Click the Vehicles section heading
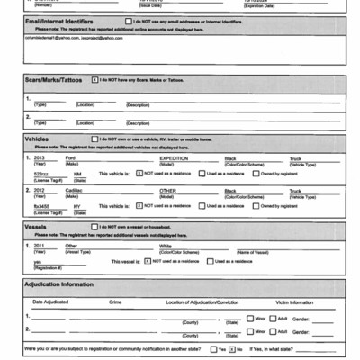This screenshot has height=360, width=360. (x=38, y=139)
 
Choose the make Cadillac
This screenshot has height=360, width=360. (x=75, y=190)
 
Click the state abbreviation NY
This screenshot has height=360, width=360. (x=73, y=205)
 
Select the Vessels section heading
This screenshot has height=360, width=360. (x=37, y=228)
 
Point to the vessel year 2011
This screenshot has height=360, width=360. (x=40, y=245)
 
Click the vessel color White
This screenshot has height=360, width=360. (x=166, y=245)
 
